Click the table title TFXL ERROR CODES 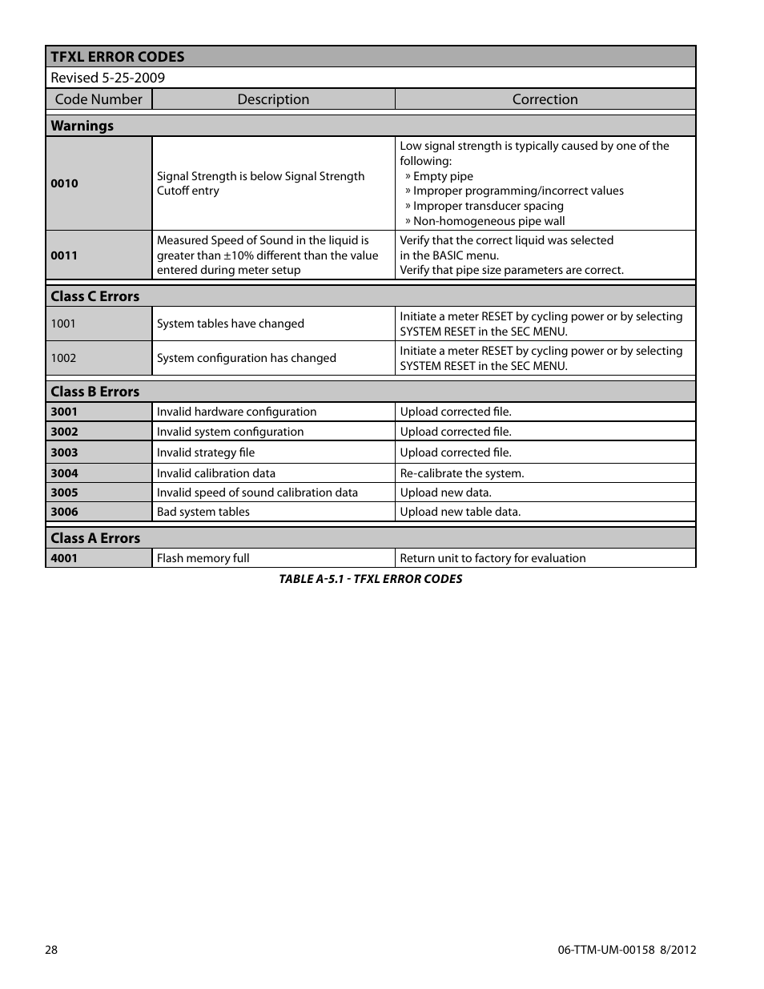(x=117, y=57)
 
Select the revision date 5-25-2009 (x=133, y=78)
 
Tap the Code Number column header (x=99, y=99)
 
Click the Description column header (x=273, y=99)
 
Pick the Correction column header (x=545, y=99)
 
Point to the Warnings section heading (x=82, y=126)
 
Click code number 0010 (x=64, y=183)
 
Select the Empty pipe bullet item (x=442, y=176)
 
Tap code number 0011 (x=64, y=255)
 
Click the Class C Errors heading (x=94, y=296)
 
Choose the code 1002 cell (x=63, y=358)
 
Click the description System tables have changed (x=231, y=324)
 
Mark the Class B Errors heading (x=94, y=392)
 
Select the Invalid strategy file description (x=206, y=452)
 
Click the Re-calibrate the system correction (x=462, y=473)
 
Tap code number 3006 (x=64, y=512)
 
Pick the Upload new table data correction (x=460, y=512)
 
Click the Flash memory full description (x=203, y=558)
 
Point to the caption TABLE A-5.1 (x=370, y=579)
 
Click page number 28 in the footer (x=51, y=950)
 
